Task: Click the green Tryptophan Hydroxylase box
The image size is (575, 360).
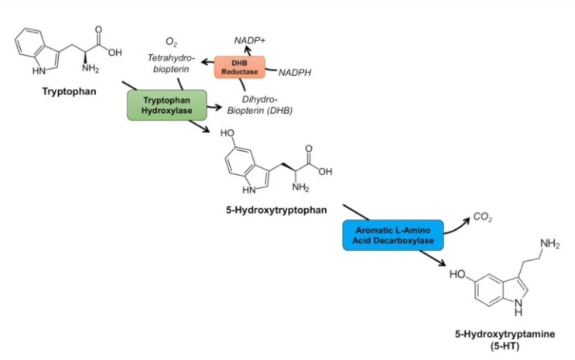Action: tap(167, 105)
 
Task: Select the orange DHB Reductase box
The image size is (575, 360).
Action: tap(239, 67)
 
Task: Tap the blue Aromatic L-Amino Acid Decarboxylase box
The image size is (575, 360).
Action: tap(392, 235)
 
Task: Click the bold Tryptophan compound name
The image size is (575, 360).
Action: tap(70, 91)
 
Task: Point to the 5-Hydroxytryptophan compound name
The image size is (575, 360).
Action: tap(276, 211)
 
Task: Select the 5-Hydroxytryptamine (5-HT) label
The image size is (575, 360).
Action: tap(505, 340)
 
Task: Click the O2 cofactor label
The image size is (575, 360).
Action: tap(171, 42)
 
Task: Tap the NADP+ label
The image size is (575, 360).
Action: tap(249, 40)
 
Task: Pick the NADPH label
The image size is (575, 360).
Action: tap(295, 73)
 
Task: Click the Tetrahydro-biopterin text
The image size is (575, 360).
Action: tap(171, 63)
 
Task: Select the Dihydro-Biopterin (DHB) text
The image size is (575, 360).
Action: tap(259, 105)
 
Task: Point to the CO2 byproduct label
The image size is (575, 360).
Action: tap(483, 218)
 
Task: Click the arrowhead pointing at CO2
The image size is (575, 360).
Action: tap(467, 221)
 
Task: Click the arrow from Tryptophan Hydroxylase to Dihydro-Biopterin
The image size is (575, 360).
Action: tap(214, 107)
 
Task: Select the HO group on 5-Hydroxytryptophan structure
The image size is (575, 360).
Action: tap(228, 133)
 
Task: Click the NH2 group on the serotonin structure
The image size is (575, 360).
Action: tap(549, 244)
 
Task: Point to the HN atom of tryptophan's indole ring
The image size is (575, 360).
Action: tap(39, 70)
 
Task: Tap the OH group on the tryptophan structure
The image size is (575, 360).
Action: tap(115, 53)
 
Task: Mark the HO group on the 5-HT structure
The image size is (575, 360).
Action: tap(457, 274)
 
